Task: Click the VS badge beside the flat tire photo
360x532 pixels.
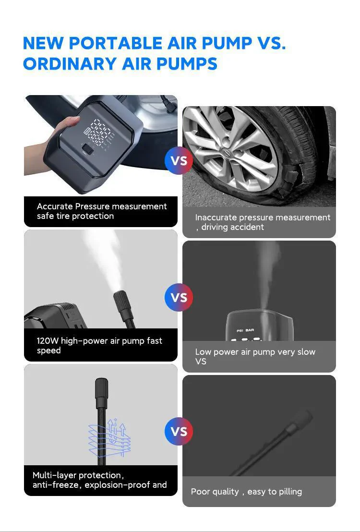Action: coord(179,160)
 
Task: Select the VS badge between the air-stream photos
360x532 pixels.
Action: coord(179,298)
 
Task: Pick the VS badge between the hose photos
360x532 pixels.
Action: coord(179,432)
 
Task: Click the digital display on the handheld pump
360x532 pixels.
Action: coord(99,133)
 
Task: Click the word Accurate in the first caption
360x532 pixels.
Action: coord(55,206)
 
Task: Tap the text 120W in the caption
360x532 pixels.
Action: coord(48,340)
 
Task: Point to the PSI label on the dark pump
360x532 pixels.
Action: coord(240,330)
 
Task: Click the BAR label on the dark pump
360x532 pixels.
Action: coord(250,330)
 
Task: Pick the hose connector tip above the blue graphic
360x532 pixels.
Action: coord(101,393)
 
